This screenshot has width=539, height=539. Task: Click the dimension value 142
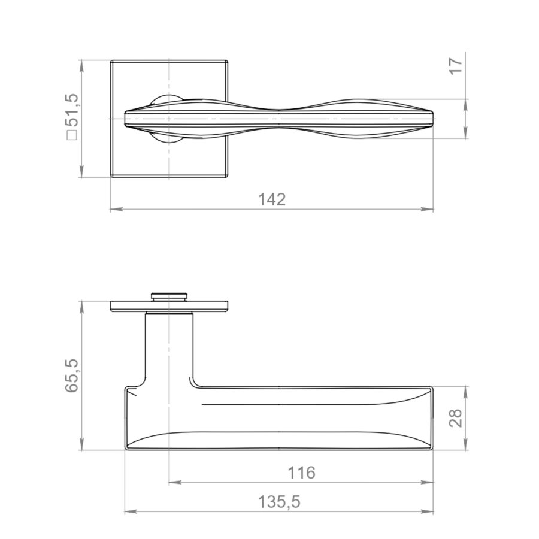[x=271, y=199]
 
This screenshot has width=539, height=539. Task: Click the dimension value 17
[x=457, y=66]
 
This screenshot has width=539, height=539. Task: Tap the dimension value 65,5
[x=73, y=376]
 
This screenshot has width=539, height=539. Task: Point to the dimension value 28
[x=457, y=418]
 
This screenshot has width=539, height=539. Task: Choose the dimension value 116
[x=301, y=473]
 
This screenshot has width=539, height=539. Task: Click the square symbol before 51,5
[x=72, y=135]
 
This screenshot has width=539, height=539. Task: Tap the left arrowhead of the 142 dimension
[x=117, y=208]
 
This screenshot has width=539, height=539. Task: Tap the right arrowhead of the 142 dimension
[x=427, y=208]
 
